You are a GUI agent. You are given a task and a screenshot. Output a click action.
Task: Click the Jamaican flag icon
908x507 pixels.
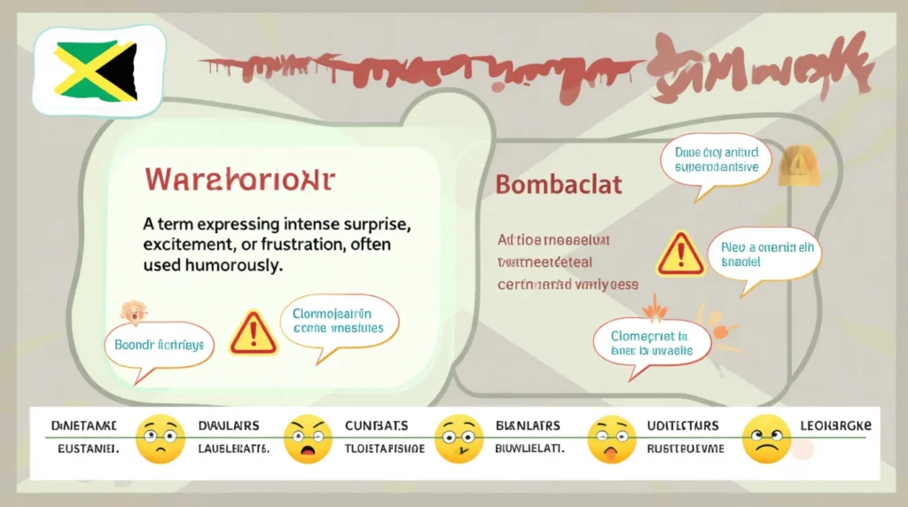click(96, 71)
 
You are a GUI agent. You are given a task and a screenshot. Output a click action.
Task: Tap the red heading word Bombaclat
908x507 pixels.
click(559, 185)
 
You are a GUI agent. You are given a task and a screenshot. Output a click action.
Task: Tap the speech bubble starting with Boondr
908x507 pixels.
click(160, 346)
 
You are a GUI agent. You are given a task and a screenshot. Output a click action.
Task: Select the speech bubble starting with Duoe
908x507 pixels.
click(716, 160)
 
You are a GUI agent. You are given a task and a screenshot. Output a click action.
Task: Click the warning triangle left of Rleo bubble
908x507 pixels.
click(680, 254)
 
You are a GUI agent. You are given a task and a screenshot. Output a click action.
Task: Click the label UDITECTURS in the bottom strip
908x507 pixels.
click(682, 426)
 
